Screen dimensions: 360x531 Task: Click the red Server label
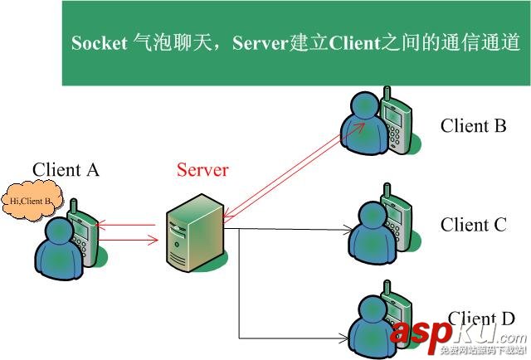(202, 170)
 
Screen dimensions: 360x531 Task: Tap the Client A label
(66, 170)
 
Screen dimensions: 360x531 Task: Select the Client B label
(473, 126)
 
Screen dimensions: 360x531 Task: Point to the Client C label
(473, 225)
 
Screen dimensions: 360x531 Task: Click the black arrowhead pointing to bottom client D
(341, 338)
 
